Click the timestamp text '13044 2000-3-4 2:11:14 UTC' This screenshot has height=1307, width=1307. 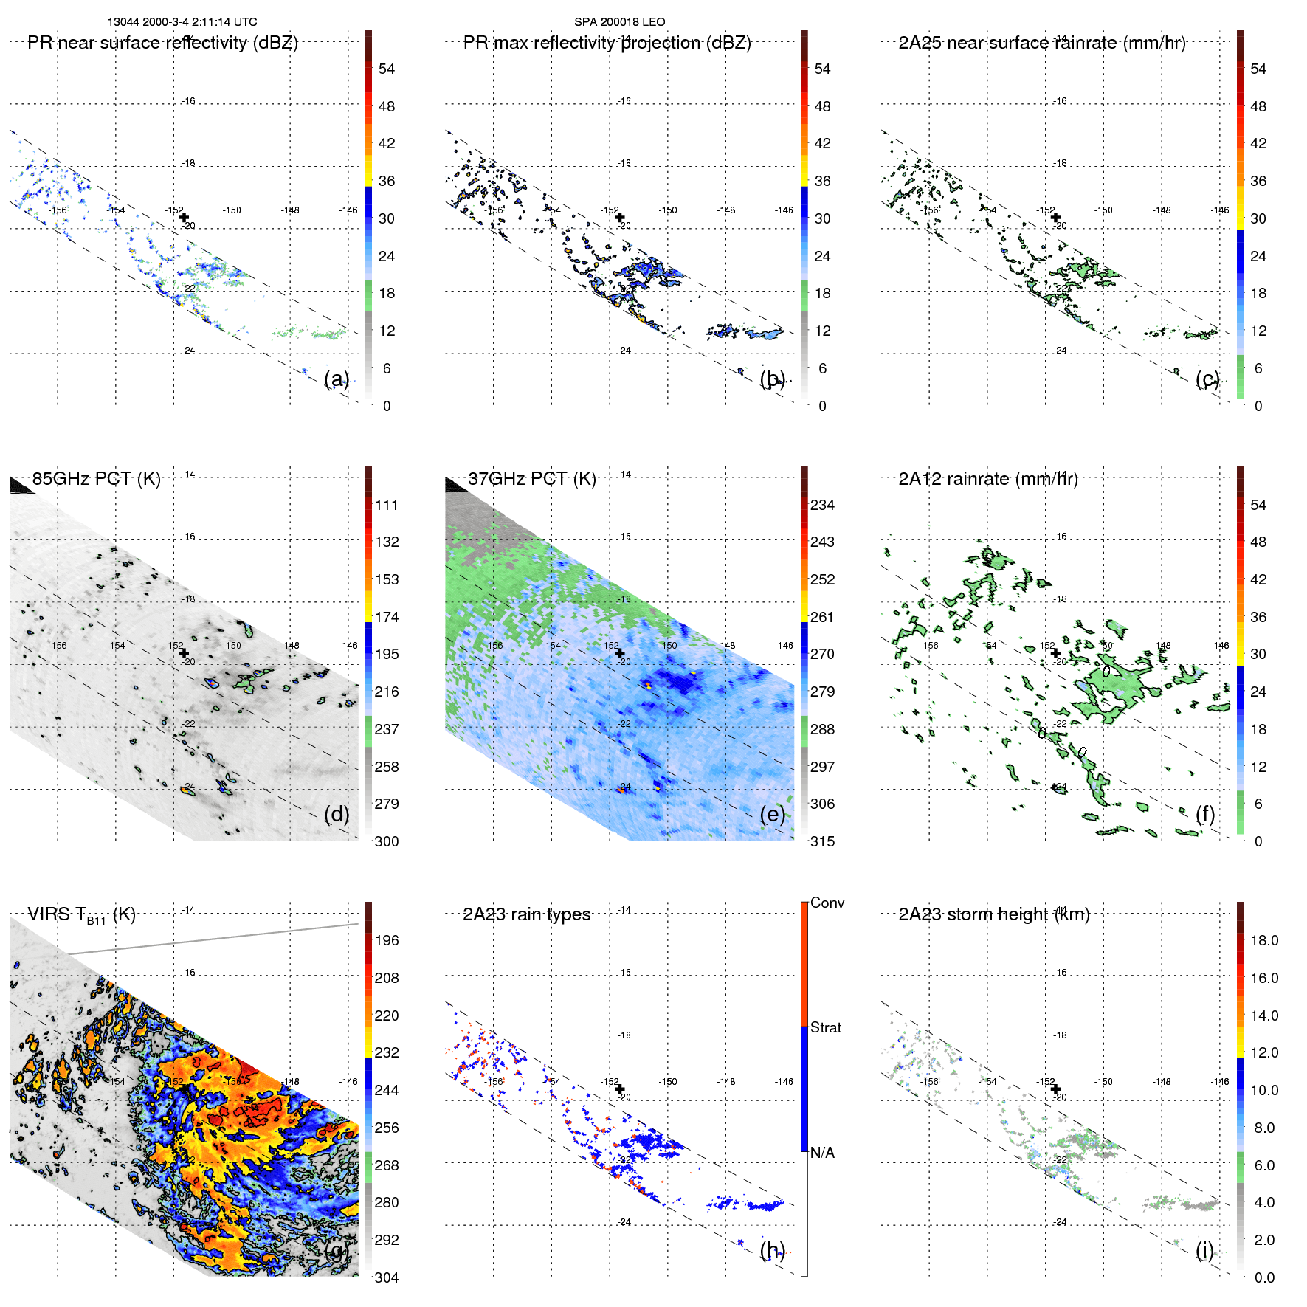(182, 22)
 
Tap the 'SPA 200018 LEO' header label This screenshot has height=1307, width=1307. (619, 22)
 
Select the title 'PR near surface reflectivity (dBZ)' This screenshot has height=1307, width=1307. (162, 43)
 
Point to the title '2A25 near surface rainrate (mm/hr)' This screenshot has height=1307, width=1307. (1041, 43)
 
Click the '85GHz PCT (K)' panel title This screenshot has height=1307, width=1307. (96, 479)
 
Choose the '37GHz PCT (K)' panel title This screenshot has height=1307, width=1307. (531, 479)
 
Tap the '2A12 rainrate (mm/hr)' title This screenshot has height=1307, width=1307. (987, 479)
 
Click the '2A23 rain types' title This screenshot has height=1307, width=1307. (526, 914)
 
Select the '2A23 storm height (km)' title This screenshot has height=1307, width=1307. (993, 914)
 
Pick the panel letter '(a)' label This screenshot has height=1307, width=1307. (337, 379)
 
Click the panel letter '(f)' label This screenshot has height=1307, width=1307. (1205, 814)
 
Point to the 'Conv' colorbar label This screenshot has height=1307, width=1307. (827, 903)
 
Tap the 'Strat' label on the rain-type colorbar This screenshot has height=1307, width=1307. (825, 1027)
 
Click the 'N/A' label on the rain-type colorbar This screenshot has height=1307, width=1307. (822, 1153)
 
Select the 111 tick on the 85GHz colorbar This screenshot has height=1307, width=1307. (386, 505)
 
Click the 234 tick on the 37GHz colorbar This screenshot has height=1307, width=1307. (822, 505)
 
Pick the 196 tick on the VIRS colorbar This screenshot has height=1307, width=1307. (386, 940)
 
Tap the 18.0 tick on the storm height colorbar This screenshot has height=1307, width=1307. (1263, 940)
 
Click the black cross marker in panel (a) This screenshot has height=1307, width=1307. (184, 217)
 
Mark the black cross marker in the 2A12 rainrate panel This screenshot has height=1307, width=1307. (1055, 653)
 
